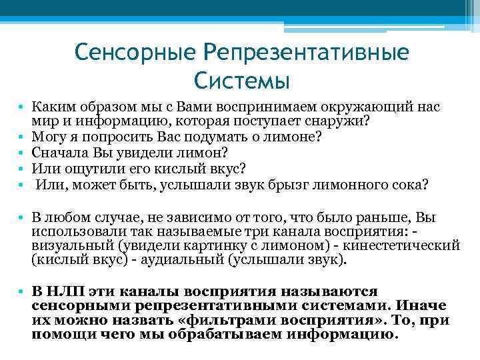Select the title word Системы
click(242, 81)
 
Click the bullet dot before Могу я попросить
click(22, 137)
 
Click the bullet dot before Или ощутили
click(22, 167)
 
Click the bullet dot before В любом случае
click(22, 217)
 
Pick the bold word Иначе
click(423, 305)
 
